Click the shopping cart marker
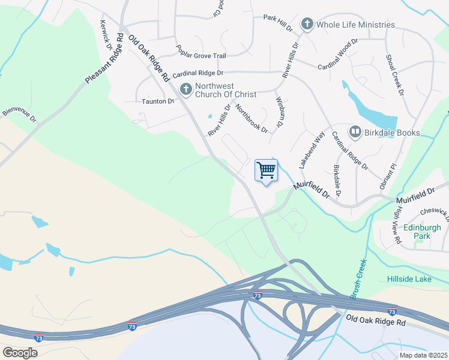[x=265, y=171]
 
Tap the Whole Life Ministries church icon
[x=307, y=25]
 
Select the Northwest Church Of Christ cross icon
[x=185, y=90]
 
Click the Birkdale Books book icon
[x=355, y=132]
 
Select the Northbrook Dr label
[x=252, y=118]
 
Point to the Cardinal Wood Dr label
[x=338, y=54]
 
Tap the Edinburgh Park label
[x=422, y=232]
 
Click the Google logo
[x=20, y=353]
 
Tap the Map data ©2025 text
[x=423, y=355]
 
